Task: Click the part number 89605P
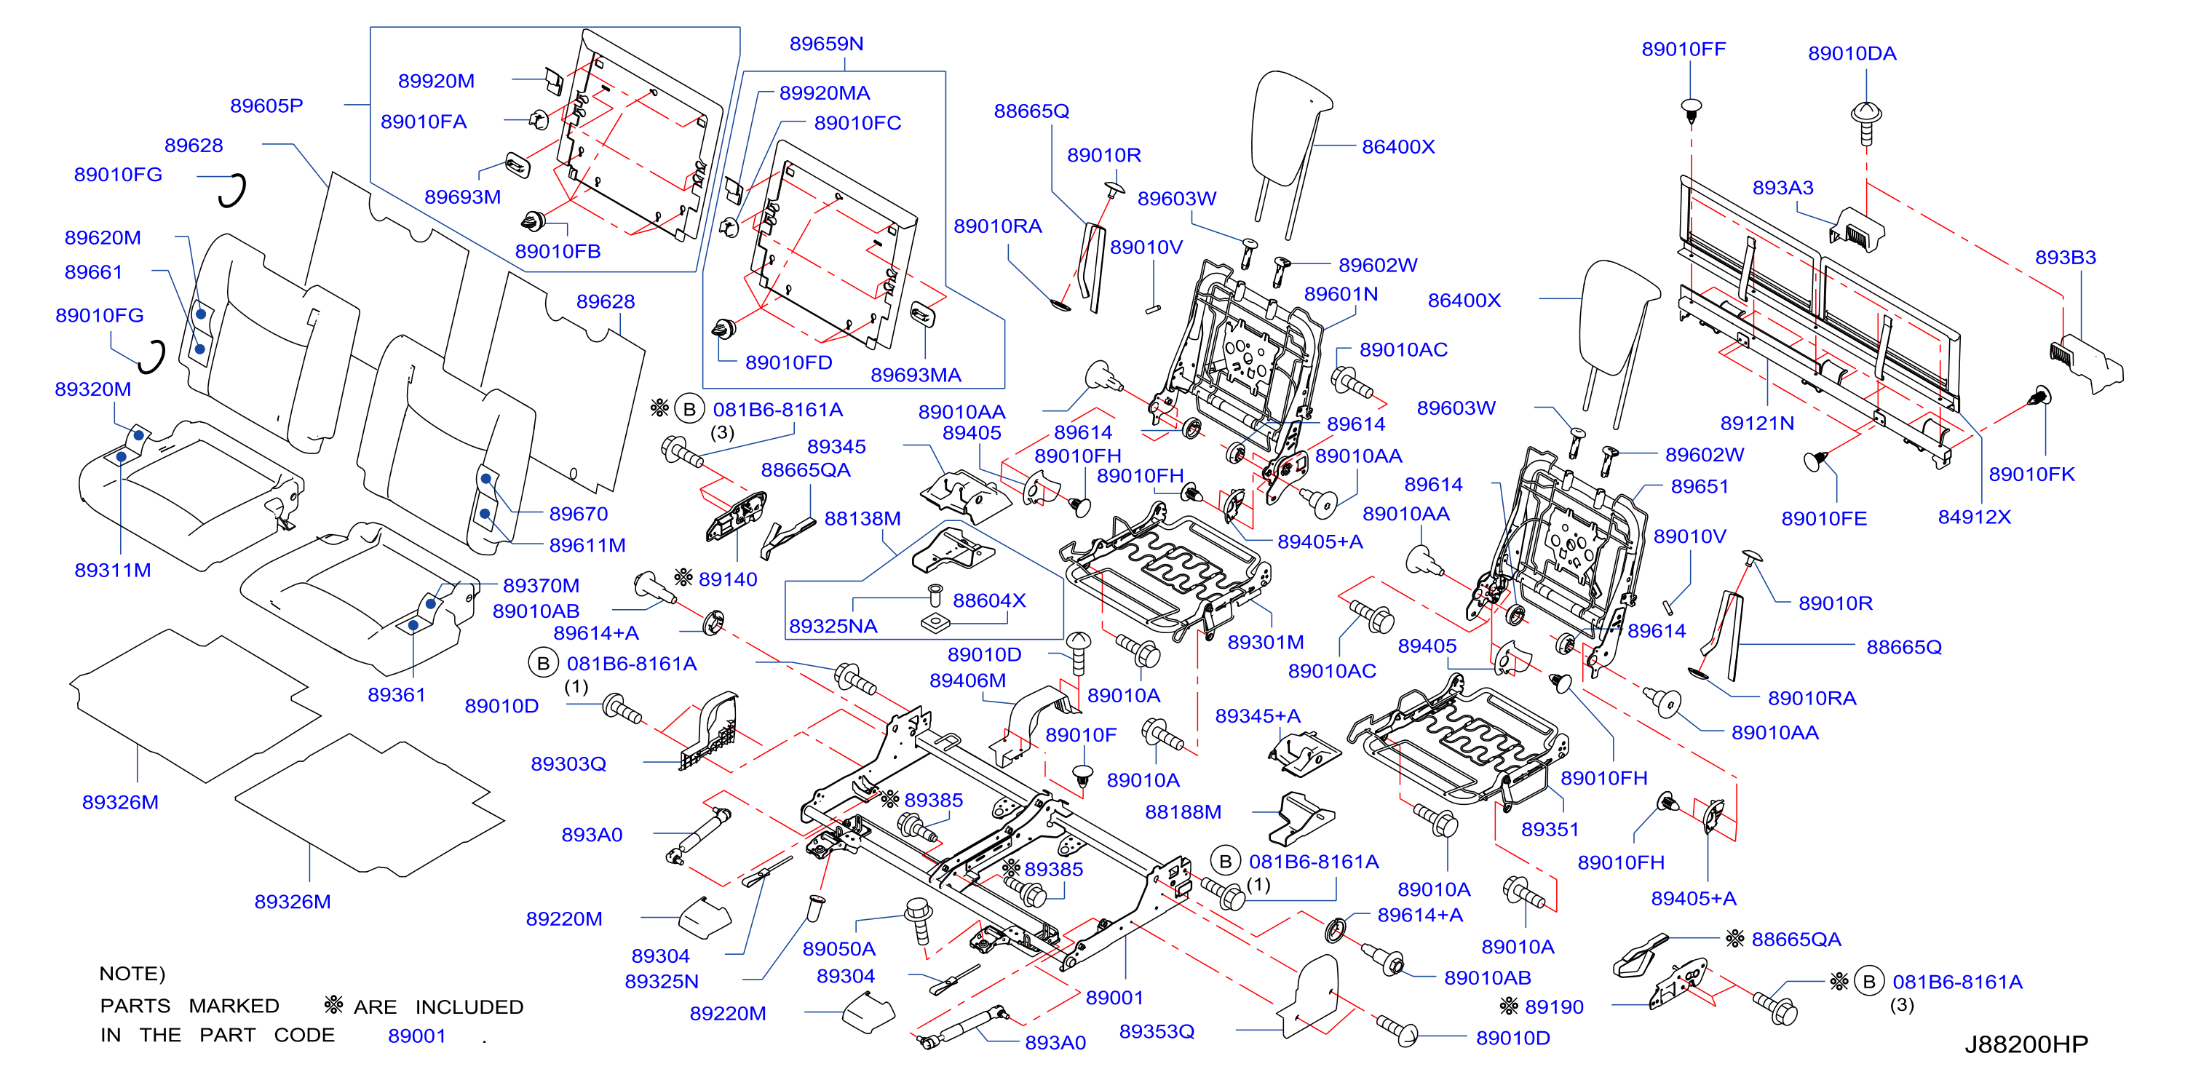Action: click(x=266, y=106)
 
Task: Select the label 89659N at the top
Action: click(x=826, y=43)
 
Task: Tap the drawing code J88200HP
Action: click(x=2026, y=1044)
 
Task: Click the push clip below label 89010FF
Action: click(x=1691, y=111)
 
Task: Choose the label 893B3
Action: click(x=2066, y=257)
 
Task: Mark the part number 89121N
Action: click(x=1756, y=423)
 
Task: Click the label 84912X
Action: click(x=1974, y=516)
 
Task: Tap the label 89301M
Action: click(x=1266, y=642)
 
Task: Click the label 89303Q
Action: click(x=568, y=763)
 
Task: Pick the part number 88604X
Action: click(x=989, y=600)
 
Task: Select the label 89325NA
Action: click(x=833, y=625)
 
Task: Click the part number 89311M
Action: click(x=113, y=570)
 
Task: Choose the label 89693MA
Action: click(x=916, y=374)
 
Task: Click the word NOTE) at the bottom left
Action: click(x=132, y=973)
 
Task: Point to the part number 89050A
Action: click(x=839, y=948)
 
